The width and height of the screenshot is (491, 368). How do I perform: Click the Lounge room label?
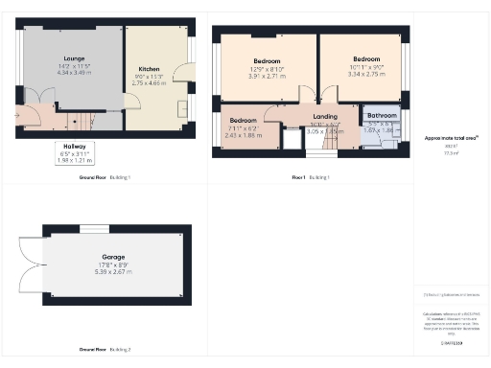(x=74, y=57)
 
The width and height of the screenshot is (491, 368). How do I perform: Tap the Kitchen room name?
(x=148, y=69)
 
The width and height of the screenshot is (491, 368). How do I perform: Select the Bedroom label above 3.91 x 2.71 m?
(x=266, y=60)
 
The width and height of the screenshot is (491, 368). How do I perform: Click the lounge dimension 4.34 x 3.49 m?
(x=74, y=72)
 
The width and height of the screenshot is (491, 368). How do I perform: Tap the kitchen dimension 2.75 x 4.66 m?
(x=148, y=83)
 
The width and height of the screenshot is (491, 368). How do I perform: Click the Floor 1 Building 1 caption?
(x=311, y=177)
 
